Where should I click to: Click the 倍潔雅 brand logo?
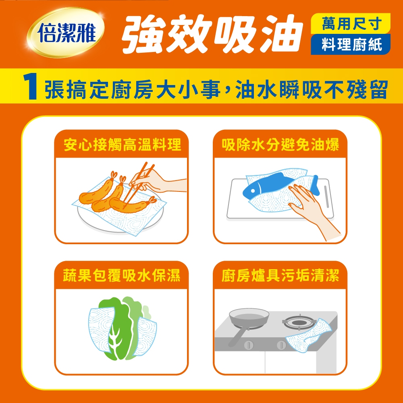tap(66, 32)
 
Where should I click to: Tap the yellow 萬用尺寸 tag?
tap(351, 24)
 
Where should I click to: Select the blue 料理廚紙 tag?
tap(351, 44)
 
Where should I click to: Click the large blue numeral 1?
tap(30, 87)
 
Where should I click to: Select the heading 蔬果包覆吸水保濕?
tap(122, 276)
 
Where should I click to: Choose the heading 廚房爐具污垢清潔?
tap(280, 276)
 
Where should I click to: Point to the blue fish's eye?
tap(253, 191)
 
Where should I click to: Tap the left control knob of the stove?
tap(249, 345)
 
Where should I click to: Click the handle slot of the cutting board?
tap(327, 197)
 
